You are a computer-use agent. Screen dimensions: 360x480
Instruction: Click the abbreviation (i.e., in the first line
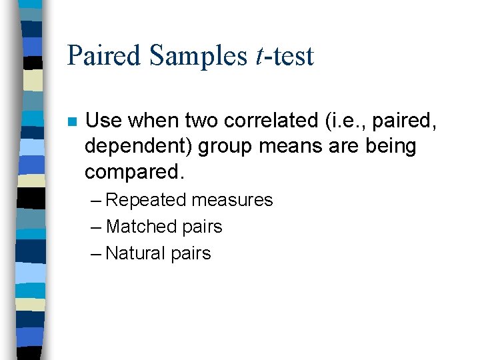tap(343, 121)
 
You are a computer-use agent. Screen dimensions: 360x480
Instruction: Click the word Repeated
tap(146, 200)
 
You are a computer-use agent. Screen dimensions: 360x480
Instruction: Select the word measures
tap(232, 200)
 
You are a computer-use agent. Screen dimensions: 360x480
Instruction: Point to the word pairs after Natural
tap(191, 253)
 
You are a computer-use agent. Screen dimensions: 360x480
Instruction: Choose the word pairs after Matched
tap(201, 227)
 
